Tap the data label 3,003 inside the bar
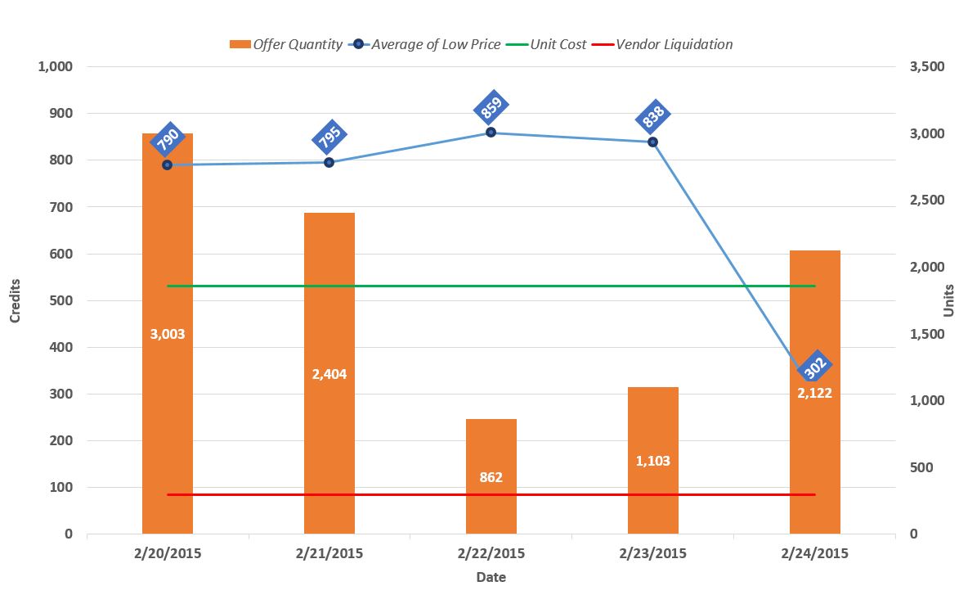(x=168, y=334)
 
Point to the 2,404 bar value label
(x=329, y=374)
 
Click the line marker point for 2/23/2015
(x=652, y=142)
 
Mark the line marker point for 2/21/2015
(x=329, y=162)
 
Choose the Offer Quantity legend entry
(x=286, y=44)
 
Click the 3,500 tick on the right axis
(x=927, y=67)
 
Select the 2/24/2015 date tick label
(x=814, y=553)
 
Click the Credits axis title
(x=16, y=300)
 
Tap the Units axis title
(x=949, y=300)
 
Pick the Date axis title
(x=491, y=577)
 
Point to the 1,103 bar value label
(x=652, y=461)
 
